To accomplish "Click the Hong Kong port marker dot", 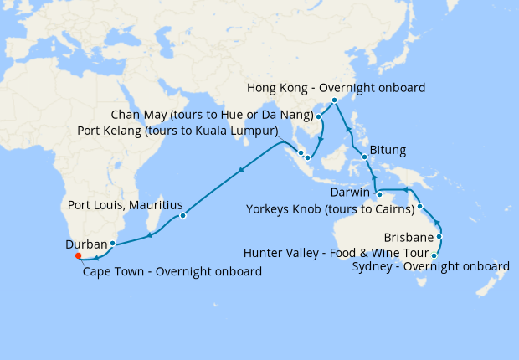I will [334, 100].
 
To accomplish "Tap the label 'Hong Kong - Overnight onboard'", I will [337, 87].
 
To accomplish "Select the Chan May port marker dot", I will [318, 116].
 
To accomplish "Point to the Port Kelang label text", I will [177, 131].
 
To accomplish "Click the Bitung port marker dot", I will [364, 157].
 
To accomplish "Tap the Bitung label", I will [388, 151].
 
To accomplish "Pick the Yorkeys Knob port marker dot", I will [420, 207].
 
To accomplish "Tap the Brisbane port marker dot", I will [439, 237].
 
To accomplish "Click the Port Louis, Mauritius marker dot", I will [182, 216].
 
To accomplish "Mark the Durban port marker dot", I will [112, 244].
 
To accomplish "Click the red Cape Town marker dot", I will [77, 256].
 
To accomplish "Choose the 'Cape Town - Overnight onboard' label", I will [172, 271].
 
